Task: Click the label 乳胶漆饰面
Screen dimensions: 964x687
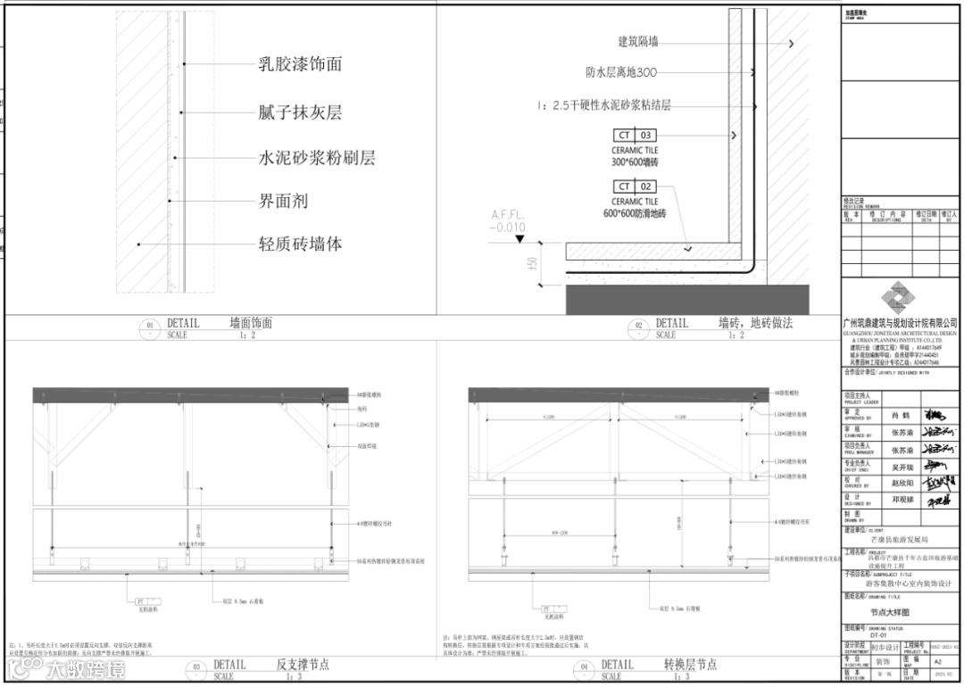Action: click(x=300, y=64)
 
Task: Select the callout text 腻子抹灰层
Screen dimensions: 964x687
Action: click(x=300, y=112)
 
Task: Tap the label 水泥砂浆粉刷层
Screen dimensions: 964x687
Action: click(x=317, y=158)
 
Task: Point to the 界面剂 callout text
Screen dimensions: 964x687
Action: click(x=283, y=202)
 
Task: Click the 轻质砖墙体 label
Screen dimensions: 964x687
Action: click(x=300, y=244)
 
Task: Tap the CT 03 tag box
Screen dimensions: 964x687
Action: click(x=634, y=136)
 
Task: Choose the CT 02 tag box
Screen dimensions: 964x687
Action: click(x=634, y=186)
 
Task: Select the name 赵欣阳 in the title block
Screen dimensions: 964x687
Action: click(x=902, y=481)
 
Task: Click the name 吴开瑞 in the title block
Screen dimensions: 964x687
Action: click(x=902, y=466)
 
